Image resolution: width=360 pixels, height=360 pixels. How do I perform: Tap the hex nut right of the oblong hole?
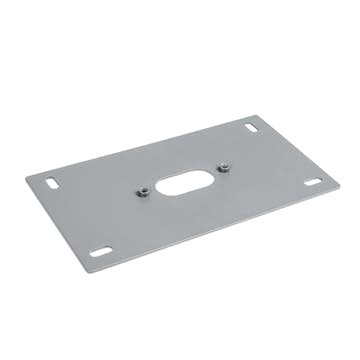click(226, 167)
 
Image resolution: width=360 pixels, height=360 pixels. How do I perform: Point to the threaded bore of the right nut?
click(226, 167)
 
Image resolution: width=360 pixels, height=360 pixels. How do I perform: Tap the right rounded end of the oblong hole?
click(206, 172)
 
